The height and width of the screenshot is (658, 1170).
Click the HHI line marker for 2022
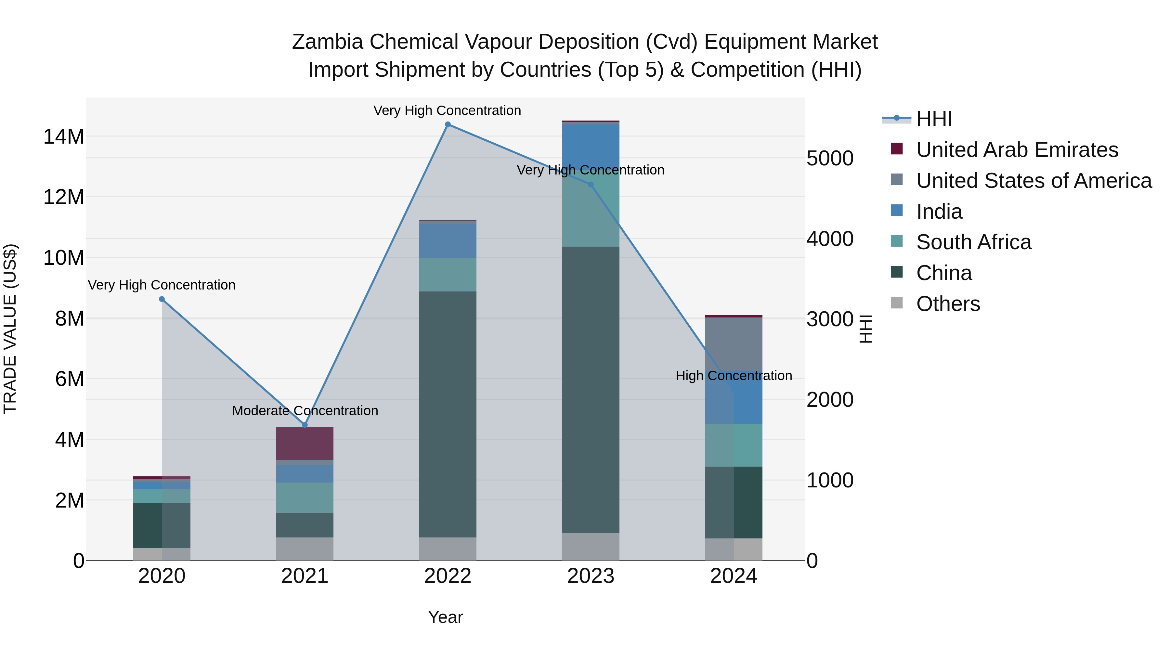click(x=448, y=124)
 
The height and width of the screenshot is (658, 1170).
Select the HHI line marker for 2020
click(x=162, y=299)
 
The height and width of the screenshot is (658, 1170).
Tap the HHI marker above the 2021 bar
click(x=305, y=425)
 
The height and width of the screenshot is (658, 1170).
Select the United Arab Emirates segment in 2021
click(x=305, y=443)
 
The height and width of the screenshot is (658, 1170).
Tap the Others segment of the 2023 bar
click(x=591, y=547)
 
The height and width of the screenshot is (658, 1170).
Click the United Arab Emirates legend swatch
click(x=897, y=148)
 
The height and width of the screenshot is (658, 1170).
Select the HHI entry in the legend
click(x=934, y=119)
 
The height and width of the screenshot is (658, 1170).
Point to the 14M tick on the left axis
click(x=64, y=136)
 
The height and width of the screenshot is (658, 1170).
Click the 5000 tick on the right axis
click(x=830, y=159)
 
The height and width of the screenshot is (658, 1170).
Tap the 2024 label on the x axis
click(x=734, y=576)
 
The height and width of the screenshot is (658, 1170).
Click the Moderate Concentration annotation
click(x=305, y=410)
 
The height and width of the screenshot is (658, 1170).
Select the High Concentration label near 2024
click(x=734, y=376)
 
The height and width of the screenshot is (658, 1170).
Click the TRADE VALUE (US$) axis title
click(x=10, y=329)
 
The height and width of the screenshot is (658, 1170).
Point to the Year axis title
click(x=445, y=617)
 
